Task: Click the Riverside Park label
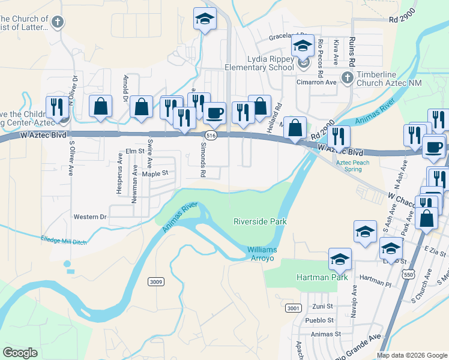(x=260, y=221)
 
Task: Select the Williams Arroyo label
(x=268, y=254)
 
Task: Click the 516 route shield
(x=210, y=136)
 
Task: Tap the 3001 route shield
(x=293, y=308)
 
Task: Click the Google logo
(x=20, y=353)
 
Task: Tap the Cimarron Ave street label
(x=318, y=82)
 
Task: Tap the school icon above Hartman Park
(x=340, y=259)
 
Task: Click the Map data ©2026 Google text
(x=411, y=355)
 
